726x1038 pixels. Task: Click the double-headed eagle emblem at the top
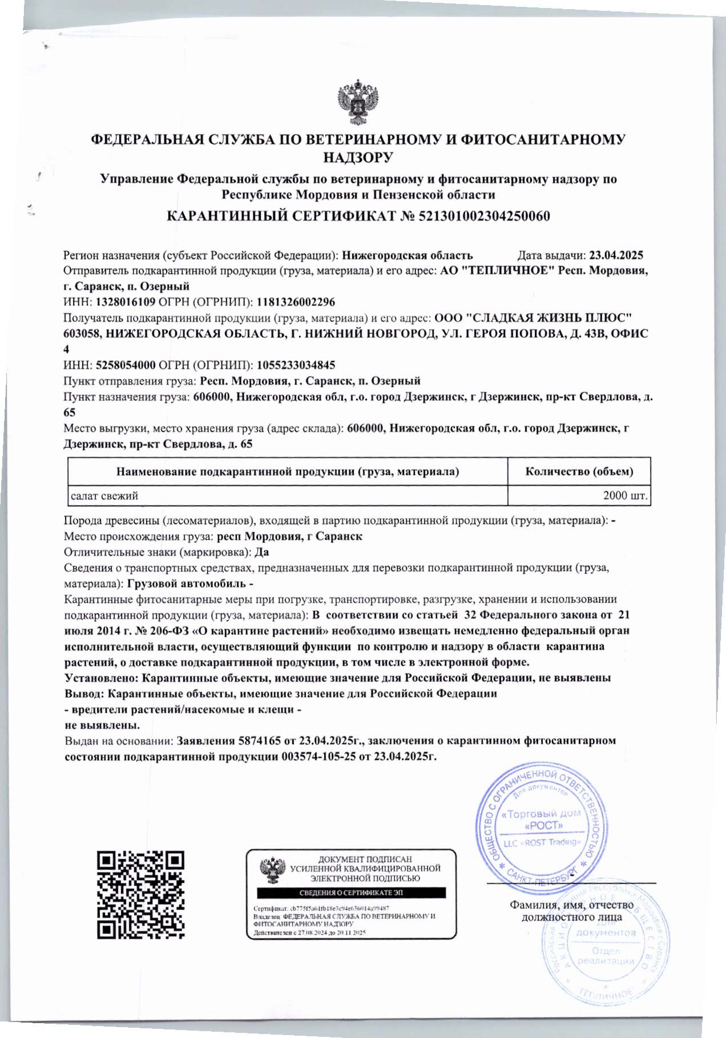tap(358, 104)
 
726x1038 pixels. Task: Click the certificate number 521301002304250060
tap(484, 216)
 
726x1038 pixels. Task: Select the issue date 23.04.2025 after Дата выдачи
tap(616, 255)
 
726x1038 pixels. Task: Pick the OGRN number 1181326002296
tap(296, 302)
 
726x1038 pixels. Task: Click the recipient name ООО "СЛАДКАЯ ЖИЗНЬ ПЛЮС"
tap(533, 318)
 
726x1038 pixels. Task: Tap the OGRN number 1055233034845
tap(296, 365)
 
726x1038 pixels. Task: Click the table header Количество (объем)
tap(579, 471)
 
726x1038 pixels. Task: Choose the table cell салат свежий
tap(104, 495)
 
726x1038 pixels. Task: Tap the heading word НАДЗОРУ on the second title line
tap(358, 157)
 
